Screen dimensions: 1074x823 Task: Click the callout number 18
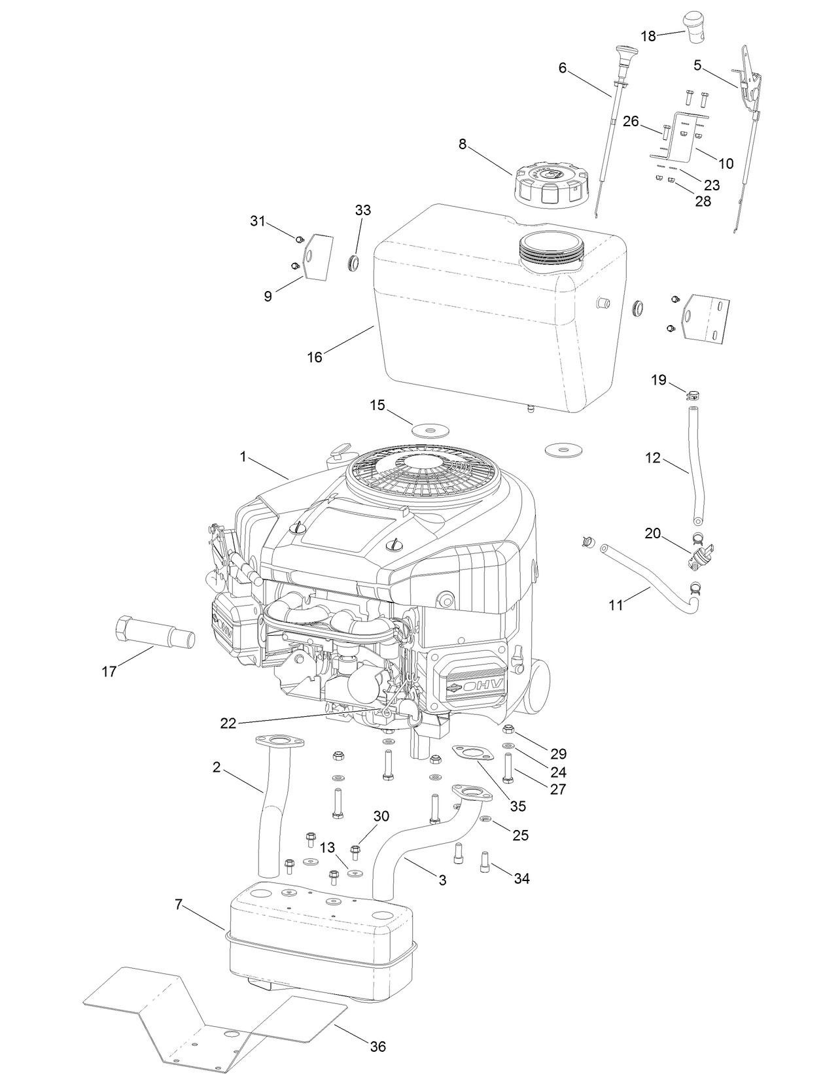tap(648, 37)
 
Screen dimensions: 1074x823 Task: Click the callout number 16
tap(315, 357)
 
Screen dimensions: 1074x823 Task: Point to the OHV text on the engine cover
tap(483, 685)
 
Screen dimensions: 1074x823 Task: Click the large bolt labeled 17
tap(154, 632)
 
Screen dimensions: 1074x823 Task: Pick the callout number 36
tap(378, 1047)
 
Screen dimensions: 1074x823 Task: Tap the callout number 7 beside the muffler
tap(179, 905)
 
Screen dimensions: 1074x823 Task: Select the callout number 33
tap(362, 210)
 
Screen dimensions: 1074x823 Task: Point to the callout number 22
tap(228, 722)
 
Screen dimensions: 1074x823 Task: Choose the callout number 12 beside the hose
tap(653, 459)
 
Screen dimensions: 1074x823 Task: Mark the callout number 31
tap(258, 221)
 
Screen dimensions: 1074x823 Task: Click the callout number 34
tap(521, 878)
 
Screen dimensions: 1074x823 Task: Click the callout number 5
tap(697, 65)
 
